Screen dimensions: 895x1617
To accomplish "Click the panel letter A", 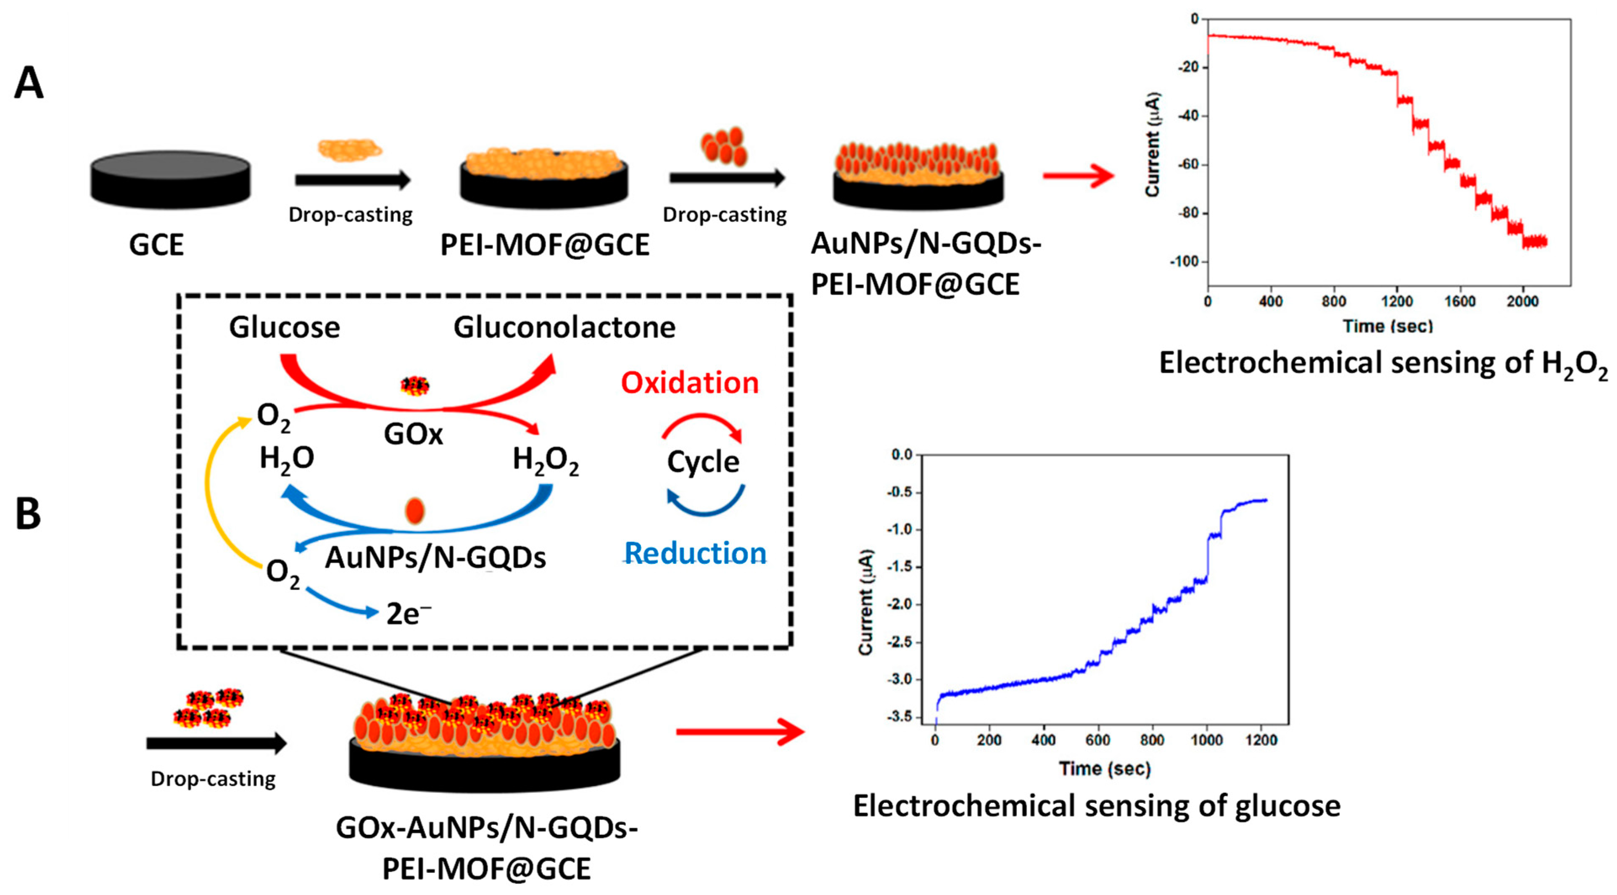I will tap(29, 84).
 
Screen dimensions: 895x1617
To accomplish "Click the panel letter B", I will tap(28, 514).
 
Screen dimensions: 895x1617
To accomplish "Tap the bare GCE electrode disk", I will tap(170, 179).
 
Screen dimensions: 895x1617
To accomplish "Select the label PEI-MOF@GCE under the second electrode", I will tap(544, 245).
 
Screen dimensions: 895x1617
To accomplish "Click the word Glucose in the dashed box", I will tap(285, 327).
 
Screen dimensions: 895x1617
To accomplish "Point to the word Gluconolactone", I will tap(564, 327).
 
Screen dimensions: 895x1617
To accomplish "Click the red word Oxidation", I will tap(689, 383).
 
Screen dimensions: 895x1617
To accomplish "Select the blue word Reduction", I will tap(695, 554).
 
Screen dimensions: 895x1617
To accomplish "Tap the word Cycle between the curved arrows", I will tap(703, 462).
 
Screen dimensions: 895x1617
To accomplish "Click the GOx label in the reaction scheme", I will tap(413, 434).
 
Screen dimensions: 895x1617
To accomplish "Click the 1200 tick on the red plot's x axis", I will tap(1397, 301).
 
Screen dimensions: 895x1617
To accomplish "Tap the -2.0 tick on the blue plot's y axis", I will tap(899, 605).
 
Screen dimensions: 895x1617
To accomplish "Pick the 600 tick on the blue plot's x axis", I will tap(1097, 741).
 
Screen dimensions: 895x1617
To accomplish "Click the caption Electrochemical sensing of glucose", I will tap(1097, 806).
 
